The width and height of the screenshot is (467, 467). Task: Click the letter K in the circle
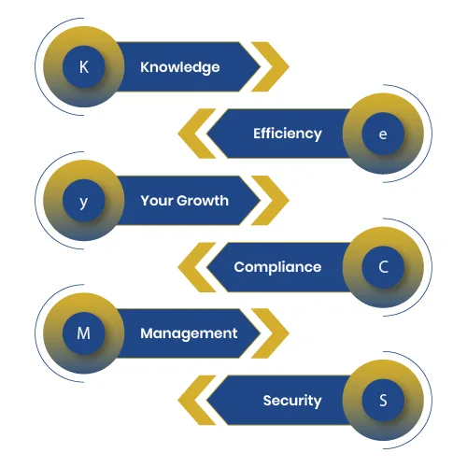84,67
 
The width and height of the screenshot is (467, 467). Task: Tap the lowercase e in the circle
383,134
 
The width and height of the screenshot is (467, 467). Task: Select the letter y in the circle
83,203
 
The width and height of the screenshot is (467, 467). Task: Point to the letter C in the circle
384,267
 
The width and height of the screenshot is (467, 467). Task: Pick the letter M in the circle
83,333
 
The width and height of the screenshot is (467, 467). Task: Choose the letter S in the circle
383,401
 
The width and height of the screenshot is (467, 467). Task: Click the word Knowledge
180,67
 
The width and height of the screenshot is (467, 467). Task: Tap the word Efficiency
288,134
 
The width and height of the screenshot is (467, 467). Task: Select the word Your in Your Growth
157,201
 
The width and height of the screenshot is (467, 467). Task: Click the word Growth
203,201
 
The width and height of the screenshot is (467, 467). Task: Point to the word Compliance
277,267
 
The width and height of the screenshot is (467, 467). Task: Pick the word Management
189,334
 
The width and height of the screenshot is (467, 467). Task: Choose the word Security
292,401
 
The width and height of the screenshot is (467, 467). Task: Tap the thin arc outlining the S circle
432,400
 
